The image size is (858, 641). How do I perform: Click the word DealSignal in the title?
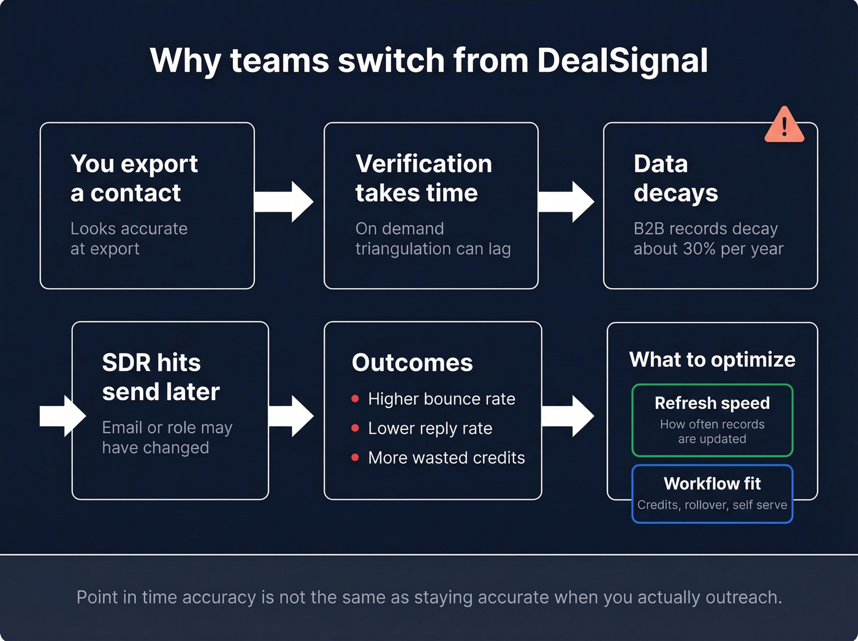click(x=622, y=61)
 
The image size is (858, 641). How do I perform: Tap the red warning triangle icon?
click(x=784, y=126)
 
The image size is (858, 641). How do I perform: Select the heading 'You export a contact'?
click(x=134, y=178)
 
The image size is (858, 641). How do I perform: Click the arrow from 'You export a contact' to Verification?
click(x=284, y=201)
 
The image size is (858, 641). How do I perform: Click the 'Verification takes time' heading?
click(x=423, y=178)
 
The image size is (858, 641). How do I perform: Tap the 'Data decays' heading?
click(x=675, y=178)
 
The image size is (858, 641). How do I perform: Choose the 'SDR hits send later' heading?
click(x=161, y=377)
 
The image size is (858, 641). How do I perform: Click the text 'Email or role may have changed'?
click(x=167, y=437)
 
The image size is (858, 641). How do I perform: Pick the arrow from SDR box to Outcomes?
click(x=292, y=416)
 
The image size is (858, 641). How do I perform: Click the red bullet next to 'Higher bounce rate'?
click(x=355, y=399)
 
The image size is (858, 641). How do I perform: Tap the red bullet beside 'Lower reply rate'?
click(x=355, y=428)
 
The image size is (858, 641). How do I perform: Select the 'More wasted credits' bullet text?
click(x=446, y=458)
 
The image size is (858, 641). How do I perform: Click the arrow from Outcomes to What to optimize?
click(x=568, y=416)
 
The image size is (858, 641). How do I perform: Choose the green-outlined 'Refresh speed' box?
click(x=712, y=420)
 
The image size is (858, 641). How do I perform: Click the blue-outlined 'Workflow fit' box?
click(x=712, y=494)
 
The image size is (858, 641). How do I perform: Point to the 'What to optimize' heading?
click(x=712, y=359)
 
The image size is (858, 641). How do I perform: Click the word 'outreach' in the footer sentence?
click(x=742, y=597)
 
